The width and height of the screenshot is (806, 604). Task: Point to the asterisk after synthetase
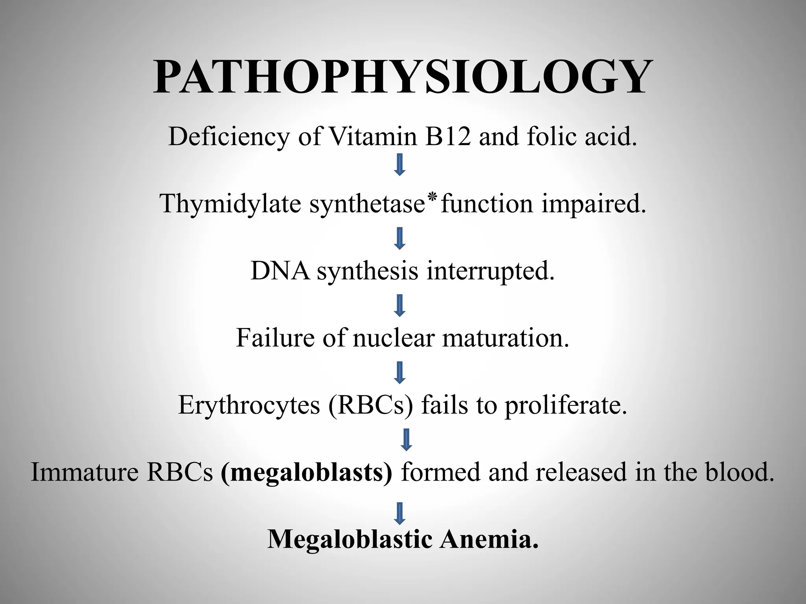pyautogui.click(x=433, y=197)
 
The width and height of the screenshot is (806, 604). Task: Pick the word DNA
pyautogui.click(x=280, y=271)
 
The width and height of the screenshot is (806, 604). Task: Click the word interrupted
pyautogui.click(x=490, y=271)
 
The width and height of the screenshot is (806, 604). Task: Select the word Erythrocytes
pyautogui.click(x=249, y=405)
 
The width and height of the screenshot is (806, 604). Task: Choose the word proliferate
pyautogui.click(x=566, y=405)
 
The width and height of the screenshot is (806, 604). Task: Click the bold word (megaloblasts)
pyautogui.click(x=307, y=472)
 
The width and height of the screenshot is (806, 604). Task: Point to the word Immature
pyautogui.click(x=85, y=472)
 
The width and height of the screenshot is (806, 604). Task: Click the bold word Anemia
pyautogui.click(x=489, y=539)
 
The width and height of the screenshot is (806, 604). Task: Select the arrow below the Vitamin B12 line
pyautogui.click(x=400, y=165)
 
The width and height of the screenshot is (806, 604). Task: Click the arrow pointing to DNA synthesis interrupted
pyautogui.click(x=400, y=238)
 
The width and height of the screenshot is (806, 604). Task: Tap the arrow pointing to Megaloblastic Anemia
pyautogui.click(x=400, y=513)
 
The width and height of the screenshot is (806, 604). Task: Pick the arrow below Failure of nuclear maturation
pyautogui.click(x=400, y=372)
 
